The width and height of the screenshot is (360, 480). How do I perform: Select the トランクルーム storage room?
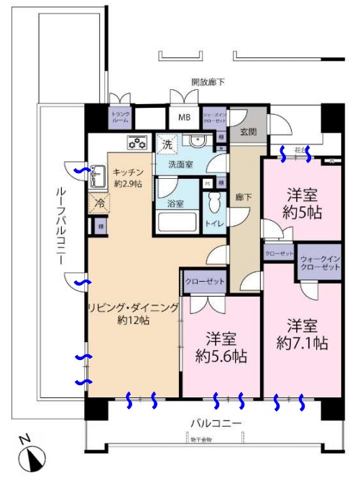[x=120, y=116]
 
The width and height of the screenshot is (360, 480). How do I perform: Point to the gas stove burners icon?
[x=137, y=142]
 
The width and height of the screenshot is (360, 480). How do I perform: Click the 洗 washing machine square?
[x=166, y=143]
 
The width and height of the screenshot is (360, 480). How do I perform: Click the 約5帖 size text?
[x=302, y=213]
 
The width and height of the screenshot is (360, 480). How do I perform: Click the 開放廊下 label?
[x=208, y=82]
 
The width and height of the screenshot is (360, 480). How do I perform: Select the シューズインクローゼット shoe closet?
[x=216, y=117]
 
